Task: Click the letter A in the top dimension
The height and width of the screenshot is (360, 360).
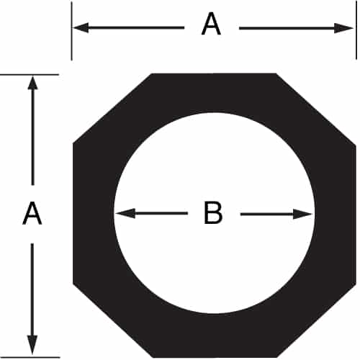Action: point(211,24)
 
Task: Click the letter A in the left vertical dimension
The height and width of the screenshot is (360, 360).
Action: point(32,213)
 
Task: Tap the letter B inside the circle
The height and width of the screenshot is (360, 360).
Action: point(213,213)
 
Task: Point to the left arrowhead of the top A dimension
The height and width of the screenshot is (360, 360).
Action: point(81,27)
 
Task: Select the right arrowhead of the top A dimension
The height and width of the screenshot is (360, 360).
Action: point(343,28)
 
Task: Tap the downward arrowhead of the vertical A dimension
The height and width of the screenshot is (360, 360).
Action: point(32,345)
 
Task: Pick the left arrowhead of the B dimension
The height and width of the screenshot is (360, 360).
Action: point(125,213)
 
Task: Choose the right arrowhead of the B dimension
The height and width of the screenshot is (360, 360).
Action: point(303,214)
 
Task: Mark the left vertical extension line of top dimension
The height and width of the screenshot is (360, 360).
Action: point(71,31)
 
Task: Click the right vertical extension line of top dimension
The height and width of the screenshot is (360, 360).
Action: point(356,31)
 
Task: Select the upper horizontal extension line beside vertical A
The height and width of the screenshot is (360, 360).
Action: point(30,75)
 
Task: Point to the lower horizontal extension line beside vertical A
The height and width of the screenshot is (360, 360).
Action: point(30,357)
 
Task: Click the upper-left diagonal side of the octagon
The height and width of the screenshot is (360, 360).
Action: point(112,109)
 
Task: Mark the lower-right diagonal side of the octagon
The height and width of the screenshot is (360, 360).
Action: point(316,321)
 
